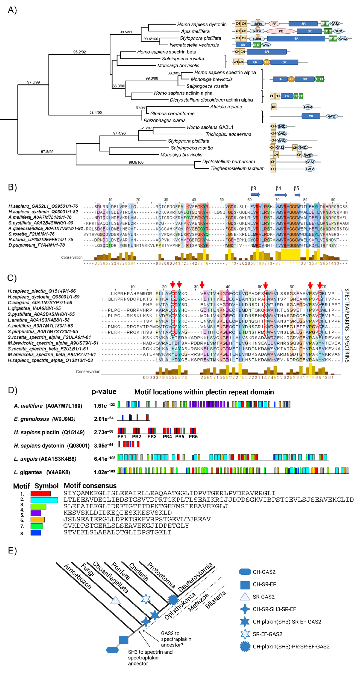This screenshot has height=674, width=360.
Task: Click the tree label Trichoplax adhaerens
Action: coord(228,134)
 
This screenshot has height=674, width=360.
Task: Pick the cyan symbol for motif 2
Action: coord(44,500)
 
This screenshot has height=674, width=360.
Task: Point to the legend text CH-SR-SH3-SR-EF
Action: coord(274,609)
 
